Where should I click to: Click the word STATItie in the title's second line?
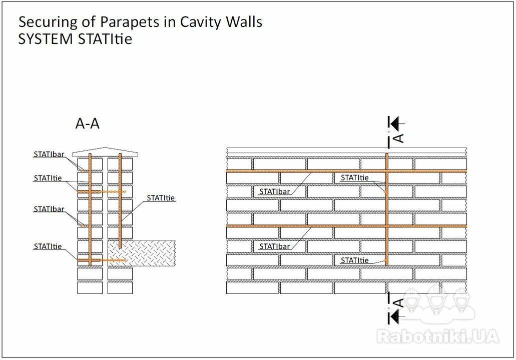pyautogui.click(x=105, y=39)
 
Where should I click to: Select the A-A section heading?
pyautogui.click(x=87, y=123)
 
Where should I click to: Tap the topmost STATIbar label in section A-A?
pyautogui.click(x=49, y=154)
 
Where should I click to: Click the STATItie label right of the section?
pyautogui.click(x=161, y=198)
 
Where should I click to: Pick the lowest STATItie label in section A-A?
pyautogui.click(x=48, y=246)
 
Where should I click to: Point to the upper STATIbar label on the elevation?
pyautogui.click(x=274, y=191)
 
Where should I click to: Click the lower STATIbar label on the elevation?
pyautogui.click(x=274, y=246)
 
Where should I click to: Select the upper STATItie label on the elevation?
pyautogui.click(x=354, y=178)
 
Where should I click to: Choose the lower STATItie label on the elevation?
pyautogui.click(x=354, y=260)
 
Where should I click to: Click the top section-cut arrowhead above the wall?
pyautogui.click(x=394, y=123)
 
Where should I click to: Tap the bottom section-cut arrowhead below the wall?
pyautogui.click(x=394, y=317)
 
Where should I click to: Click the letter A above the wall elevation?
pyautogui.click(x=398, y=138)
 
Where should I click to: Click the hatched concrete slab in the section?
pyautogui.click(x=142, y=253)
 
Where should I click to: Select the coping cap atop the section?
pyautogui.click(x=105, y=152)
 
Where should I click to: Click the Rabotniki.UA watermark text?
pyautogui.click(x=438, y=336)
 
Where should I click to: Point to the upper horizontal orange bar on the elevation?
pyautogui.click(x=346, y=171)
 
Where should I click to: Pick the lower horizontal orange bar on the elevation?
pyautogui.click(x=346, y=226)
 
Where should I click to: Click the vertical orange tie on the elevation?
pyautogui.click(x=387, y=209)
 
